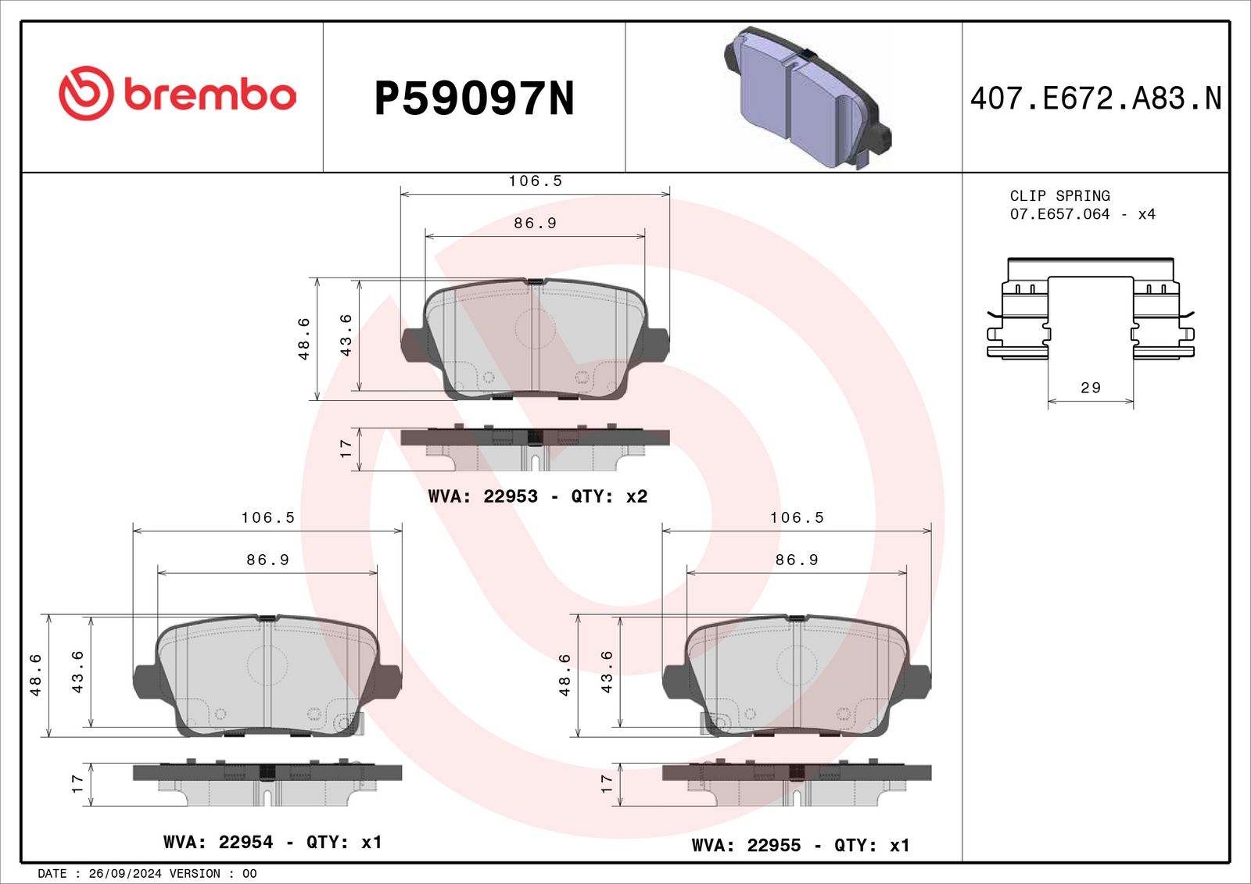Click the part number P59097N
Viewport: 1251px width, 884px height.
pyautogui.click(x=474, y=98)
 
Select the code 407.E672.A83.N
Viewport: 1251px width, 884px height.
pyautogui.click(x=1095, y=98)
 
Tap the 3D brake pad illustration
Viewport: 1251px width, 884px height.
pyautogui.click(x=807, y=98)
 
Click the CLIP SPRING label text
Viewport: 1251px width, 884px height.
pyautogui.click(x=1060, y=196)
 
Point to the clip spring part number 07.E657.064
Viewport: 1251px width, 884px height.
pyautogui.click(x=1059, y=214)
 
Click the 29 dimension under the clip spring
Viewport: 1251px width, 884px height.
pyautogui.click(x=1090, y=388)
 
